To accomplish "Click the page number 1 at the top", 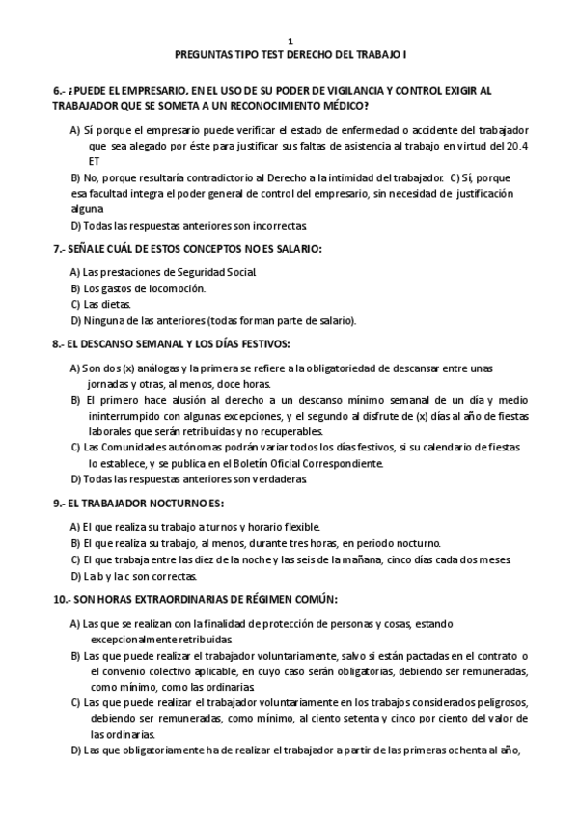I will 289,41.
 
